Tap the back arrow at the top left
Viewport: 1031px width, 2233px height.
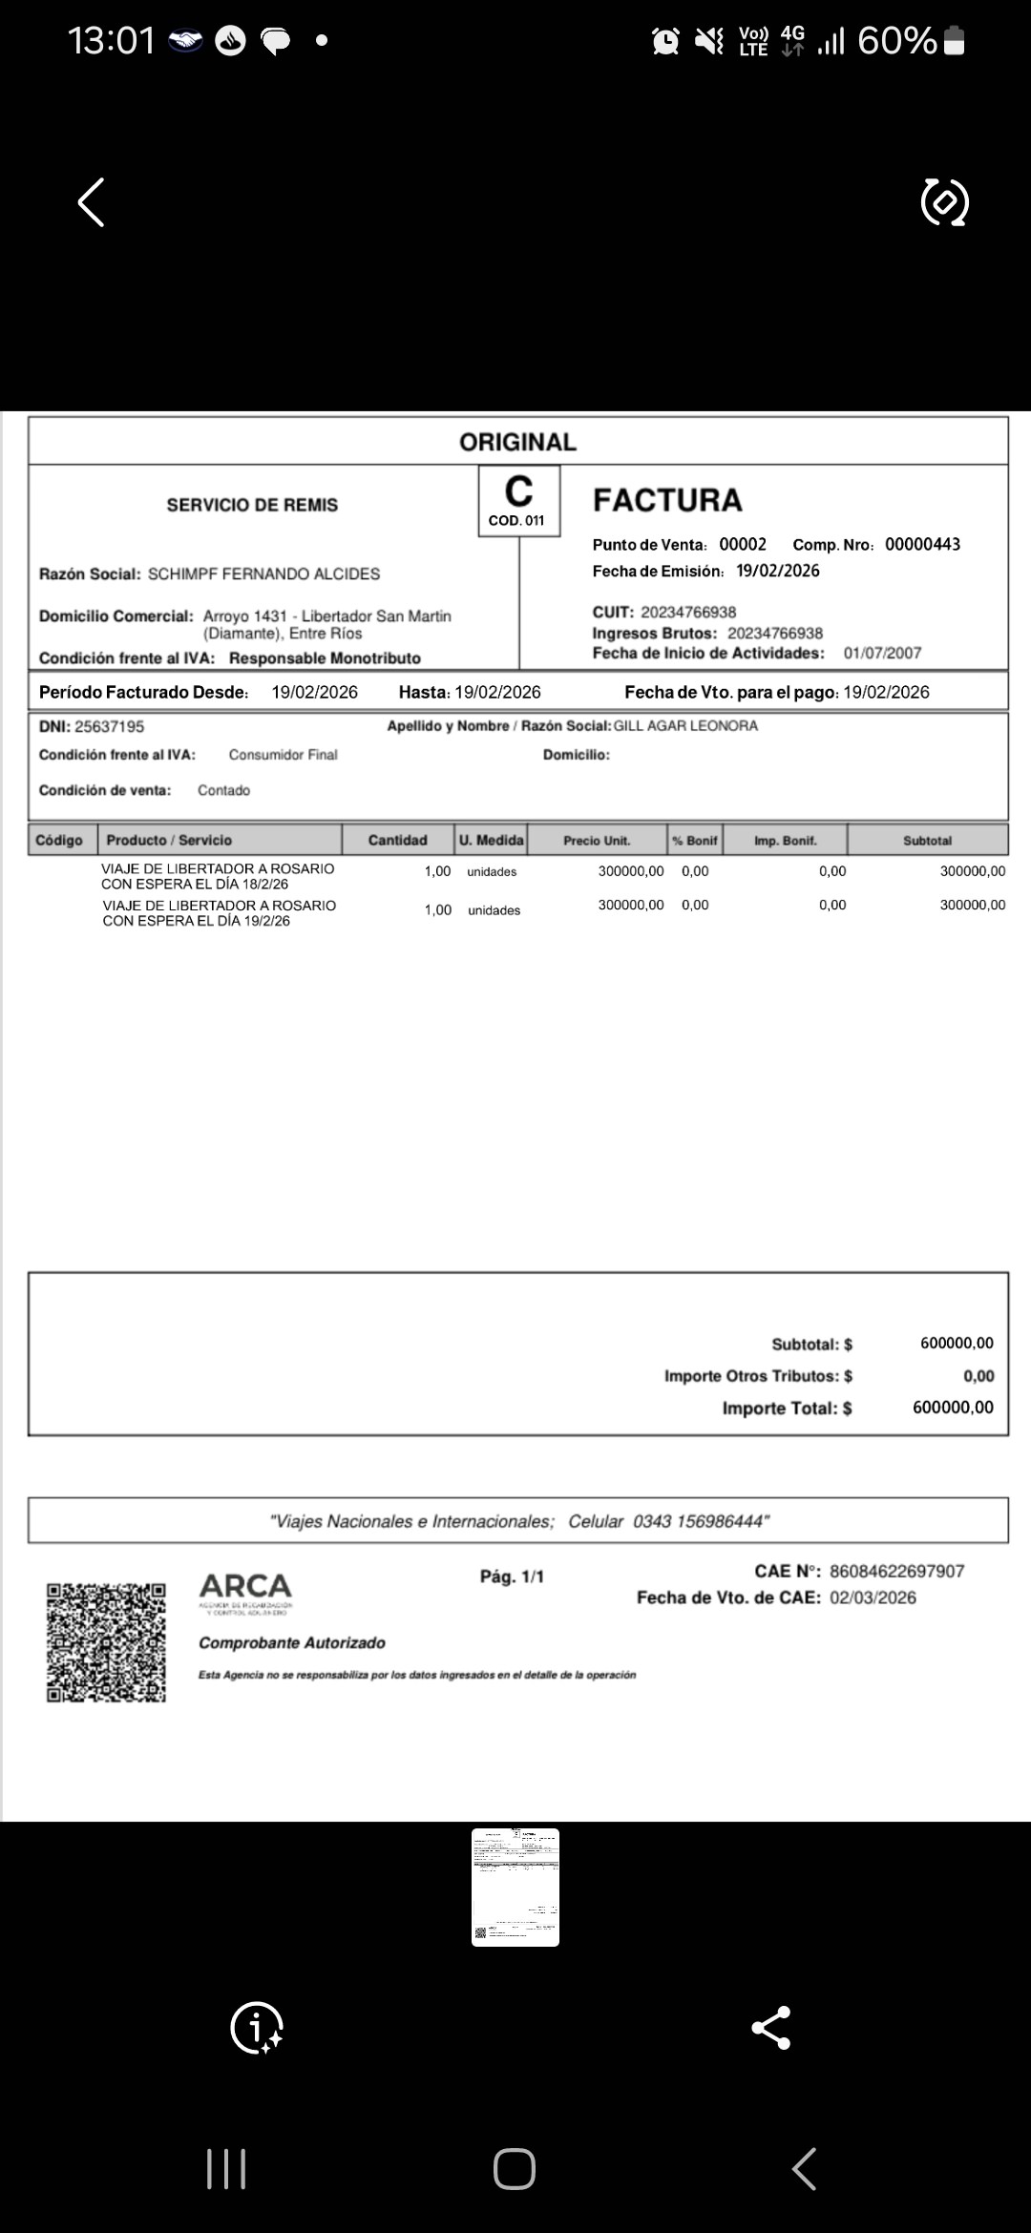coord(91,202)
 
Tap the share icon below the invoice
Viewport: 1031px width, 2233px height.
coord(770,2028)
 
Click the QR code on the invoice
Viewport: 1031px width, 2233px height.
coord(106,1642)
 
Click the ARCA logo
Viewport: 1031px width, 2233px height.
coord(245,1588)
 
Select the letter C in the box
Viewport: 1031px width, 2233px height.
coord(518,492)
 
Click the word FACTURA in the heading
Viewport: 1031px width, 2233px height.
coord(667,501)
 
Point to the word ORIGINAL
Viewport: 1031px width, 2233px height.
coord(517,442)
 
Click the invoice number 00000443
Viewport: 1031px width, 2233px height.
coord(922,545)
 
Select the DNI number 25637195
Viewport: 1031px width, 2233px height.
coord(109,727)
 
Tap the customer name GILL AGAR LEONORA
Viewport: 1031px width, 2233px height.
coord(685,726)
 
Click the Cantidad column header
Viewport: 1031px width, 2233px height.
coord(397,841)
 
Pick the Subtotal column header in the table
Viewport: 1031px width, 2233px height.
coord(927,841)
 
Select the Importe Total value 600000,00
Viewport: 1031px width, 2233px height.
coord(953,1408)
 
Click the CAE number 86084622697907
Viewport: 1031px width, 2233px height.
coord(896,1572)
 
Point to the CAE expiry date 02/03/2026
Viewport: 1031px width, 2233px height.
coord(873,1598)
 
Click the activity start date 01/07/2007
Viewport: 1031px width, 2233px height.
coord(882,654)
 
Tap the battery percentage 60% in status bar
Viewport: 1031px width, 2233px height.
coord(896,41)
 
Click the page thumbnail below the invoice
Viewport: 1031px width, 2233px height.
coord(515,1887)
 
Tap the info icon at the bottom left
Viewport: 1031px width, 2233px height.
coord(257,2028)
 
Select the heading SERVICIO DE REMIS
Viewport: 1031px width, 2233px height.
coord(252,505)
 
